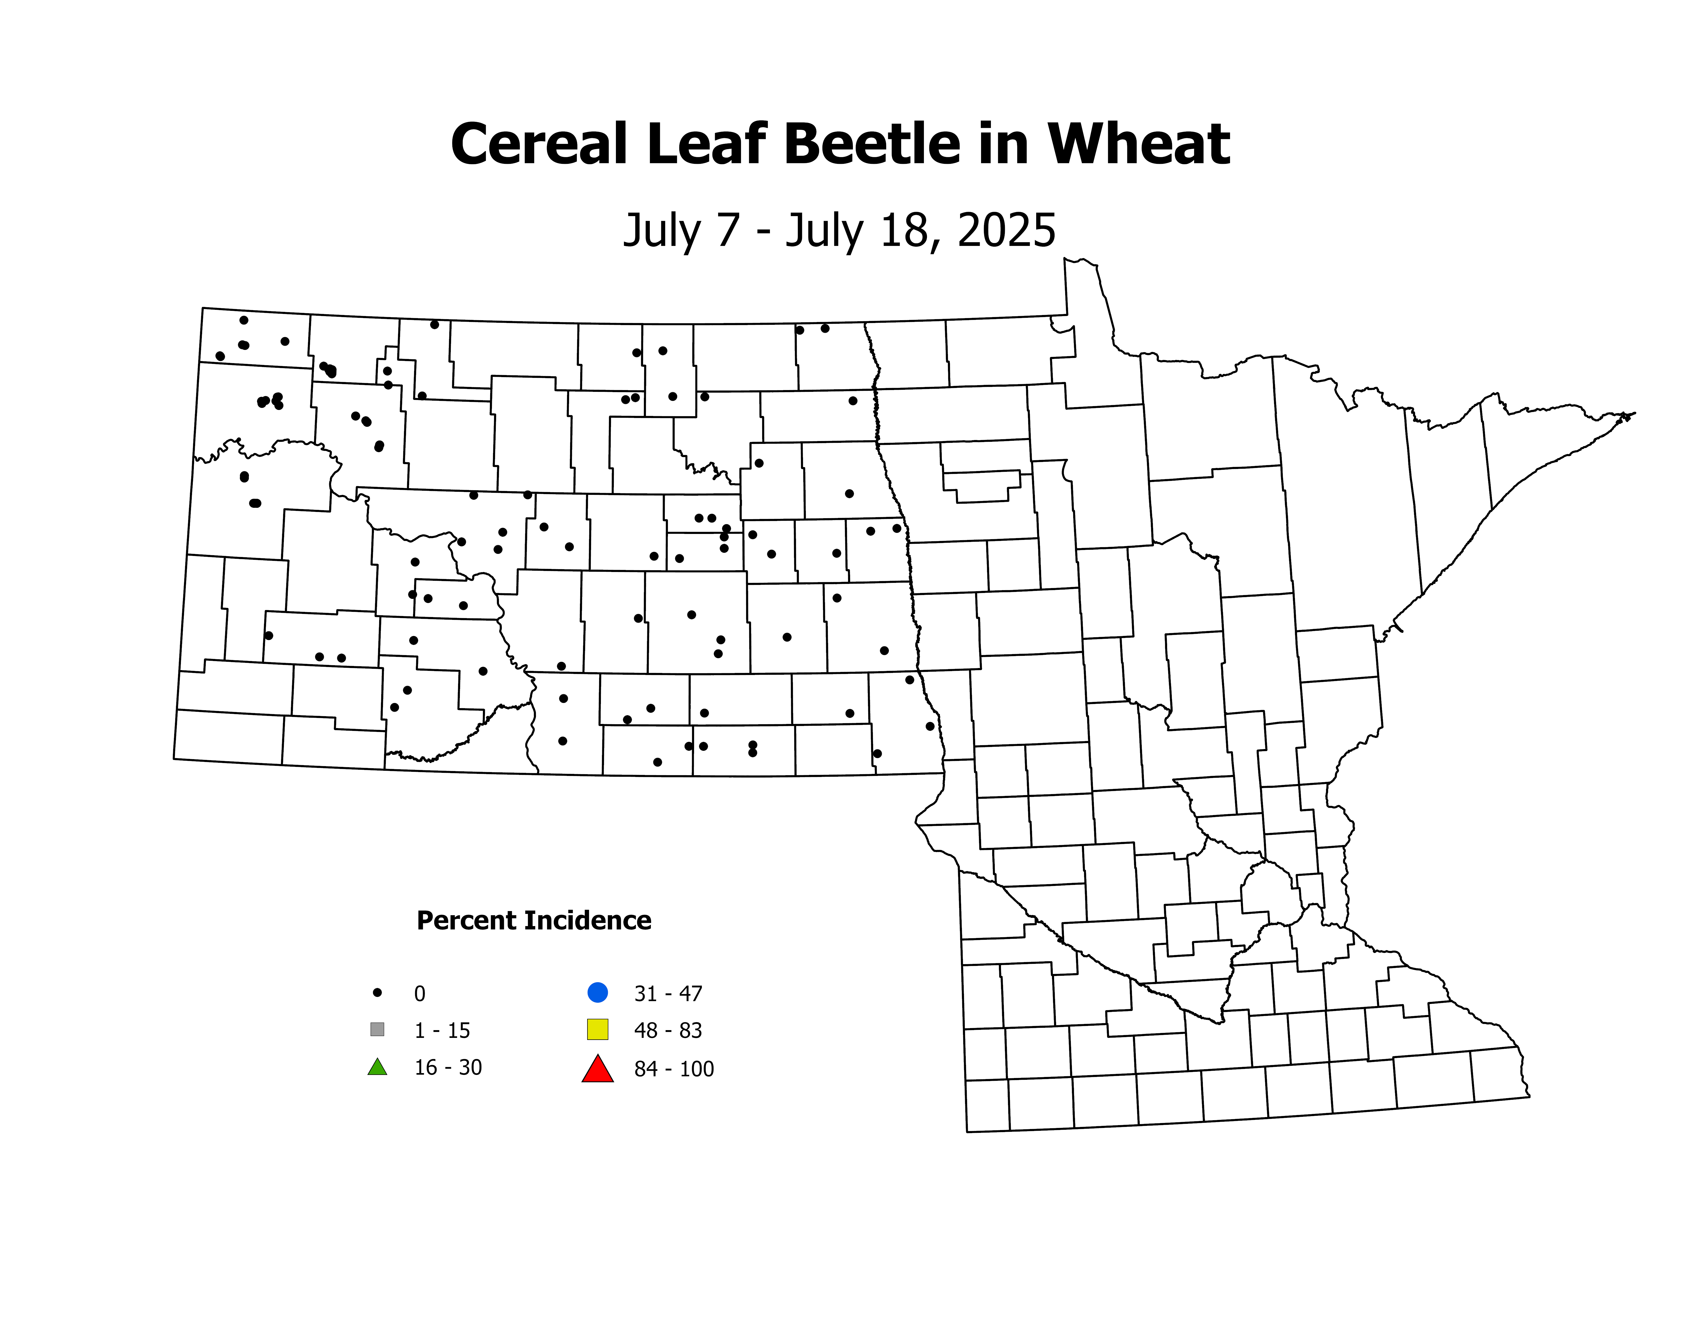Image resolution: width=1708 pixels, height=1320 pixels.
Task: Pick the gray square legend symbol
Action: tap(377, 1029)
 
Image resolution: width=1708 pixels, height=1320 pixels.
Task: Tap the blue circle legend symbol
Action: tap(598, 992)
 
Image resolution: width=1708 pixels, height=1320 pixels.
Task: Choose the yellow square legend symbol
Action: tap(598, 1029)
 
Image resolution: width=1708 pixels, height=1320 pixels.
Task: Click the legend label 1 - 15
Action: tap(442, 1031)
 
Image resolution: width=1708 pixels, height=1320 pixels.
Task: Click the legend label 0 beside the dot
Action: tap(420, 994)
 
